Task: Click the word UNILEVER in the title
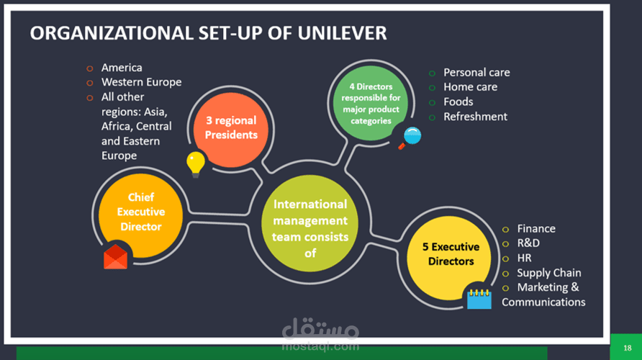click(x=342, y=33)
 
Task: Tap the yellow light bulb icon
click(x=196, y=164)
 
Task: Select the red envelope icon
click(x=115, y=257)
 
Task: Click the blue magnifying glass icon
click(x=410, y=138)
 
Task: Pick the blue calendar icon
click(x=479, y=299)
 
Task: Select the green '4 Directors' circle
click(x=371, y=104)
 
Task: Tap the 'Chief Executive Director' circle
click(x=141, y=215)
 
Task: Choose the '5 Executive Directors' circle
click(x=449, y=258)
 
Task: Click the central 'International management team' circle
click(x=310, y=224)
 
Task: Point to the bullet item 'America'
click(x=122, y=68)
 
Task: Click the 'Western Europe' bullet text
click(x=141, y=82)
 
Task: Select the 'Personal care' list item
click(x=476, y=73)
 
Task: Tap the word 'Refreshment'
click(x=475, y=117)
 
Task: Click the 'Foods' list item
click(x=458, y=102)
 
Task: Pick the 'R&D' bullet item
click(x=528, y=243)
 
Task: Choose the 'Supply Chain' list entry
click(x=549, y=273)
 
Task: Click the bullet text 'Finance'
click(x=536, y=228)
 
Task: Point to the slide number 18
click(x=628, y=348)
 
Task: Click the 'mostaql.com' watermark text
click(x=320, y=346)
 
